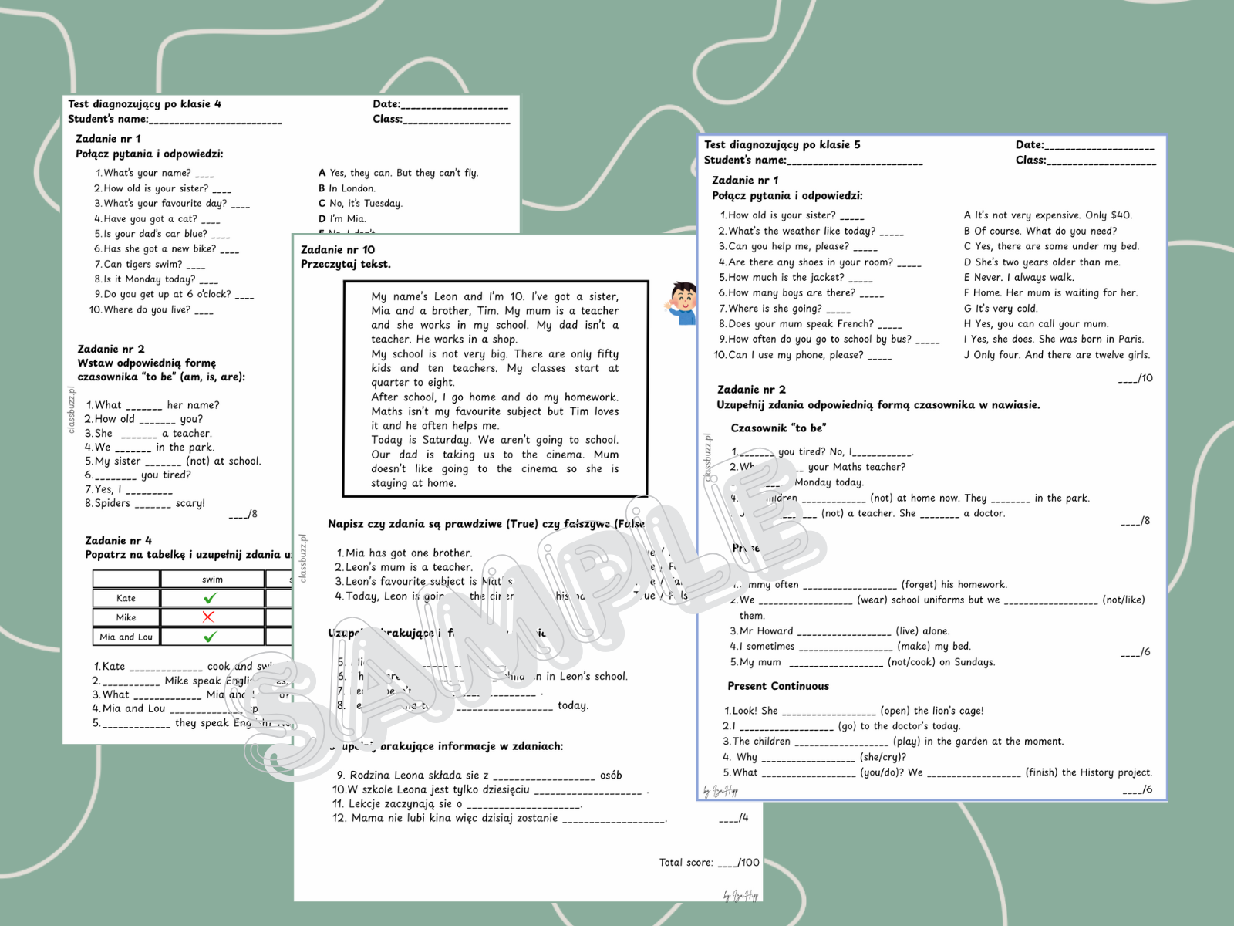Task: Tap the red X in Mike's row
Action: click(208, 617)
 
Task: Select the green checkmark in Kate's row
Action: click(210, 598)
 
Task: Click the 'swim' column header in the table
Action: click(212, 580)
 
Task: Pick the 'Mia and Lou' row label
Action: click(126, 637)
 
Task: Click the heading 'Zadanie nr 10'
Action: click(338, 250)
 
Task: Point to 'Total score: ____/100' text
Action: click(709, 863)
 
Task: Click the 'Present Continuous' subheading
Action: click(778, 686)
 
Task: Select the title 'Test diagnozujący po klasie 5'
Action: click(782, 145)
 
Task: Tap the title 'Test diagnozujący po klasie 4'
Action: click(144, 104)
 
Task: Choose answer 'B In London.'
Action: click(347, 188)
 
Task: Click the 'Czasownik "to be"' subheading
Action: click(778, 428)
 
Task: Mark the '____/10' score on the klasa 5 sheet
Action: click(1135, 378)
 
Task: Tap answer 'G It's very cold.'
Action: click(1000, 309)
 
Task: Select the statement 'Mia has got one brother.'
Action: click(404, 553)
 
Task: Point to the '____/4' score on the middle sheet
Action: click(733, 818)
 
